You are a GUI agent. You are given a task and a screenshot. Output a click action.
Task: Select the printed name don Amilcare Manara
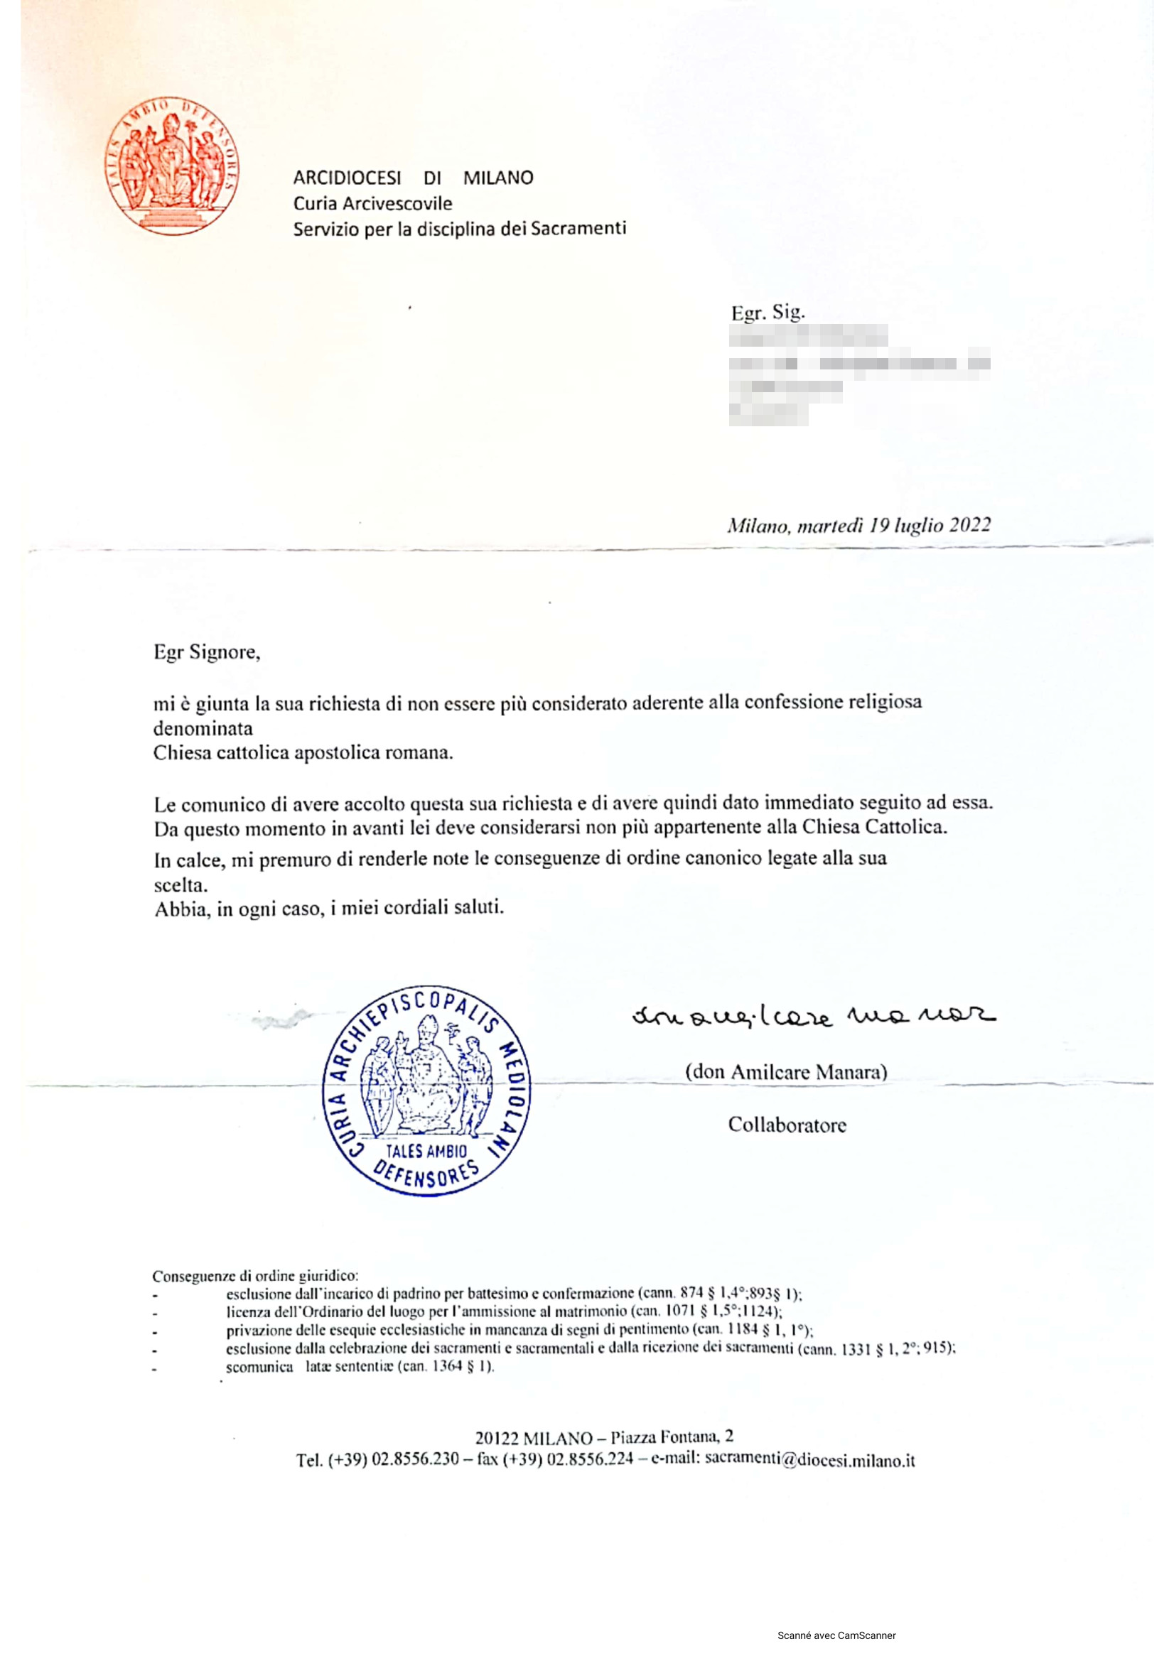tap(786, 1072)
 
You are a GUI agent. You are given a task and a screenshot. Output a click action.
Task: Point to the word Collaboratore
tap(787, 1125)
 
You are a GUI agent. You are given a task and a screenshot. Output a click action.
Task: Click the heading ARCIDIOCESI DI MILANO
tap(413, 178)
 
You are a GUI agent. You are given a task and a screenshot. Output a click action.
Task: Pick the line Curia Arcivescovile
tap(372, 204)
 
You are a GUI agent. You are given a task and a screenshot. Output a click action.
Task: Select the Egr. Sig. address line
tap(768, 313)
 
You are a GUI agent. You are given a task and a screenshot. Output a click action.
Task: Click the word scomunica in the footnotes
tap(259, 1367)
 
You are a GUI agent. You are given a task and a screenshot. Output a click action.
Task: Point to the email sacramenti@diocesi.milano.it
tap(809, 1460)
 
